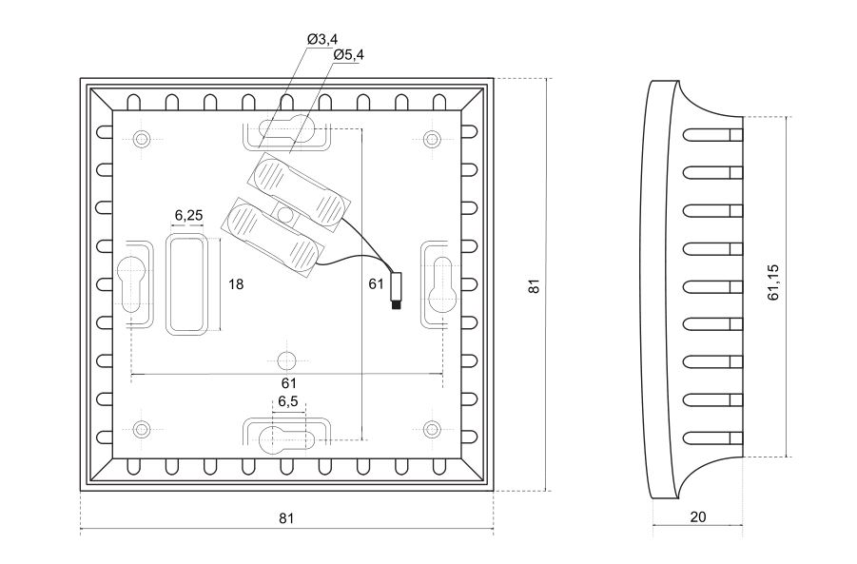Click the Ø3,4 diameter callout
322,38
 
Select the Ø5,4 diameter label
348,55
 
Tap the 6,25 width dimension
187,216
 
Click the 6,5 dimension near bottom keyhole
288,402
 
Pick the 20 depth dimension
697,517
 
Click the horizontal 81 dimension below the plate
286,518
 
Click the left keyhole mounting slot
132,282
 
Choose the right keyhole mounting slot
440,282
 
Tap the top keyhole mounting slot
288,130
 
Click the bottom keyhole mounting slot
286,438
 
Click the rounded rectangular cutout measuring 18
186,284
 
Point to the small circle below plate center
285,360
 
